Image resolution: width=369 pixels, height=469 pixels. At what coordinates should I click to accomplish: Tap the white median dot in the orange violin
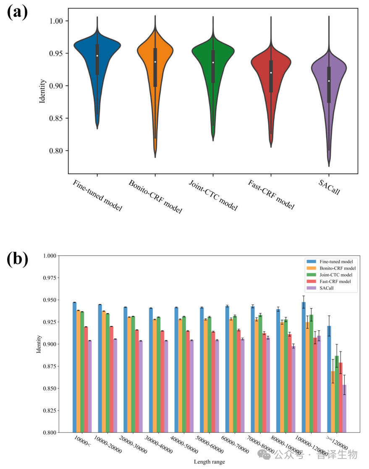click(x=155, y=62)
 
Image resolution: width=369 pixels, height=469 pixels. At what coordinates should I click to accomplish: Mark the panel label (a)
click(x=17, y=12)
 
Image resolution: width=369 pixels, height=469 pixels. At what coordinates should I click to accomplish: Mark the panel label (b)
click(x=17, y=259)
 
